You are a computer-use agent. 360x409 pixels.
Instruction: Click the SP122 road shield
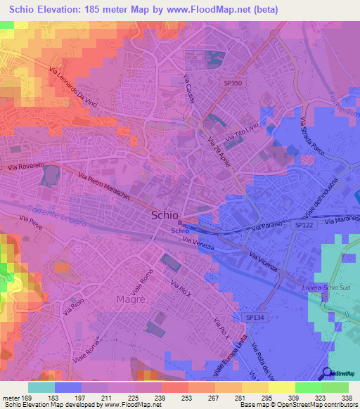tap(302, 224)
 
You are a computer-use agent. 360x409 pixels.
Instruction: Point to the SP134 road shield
tap(255, 318)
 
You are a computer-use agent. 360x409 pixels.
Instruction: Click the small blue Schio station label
tap(179, 231)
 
